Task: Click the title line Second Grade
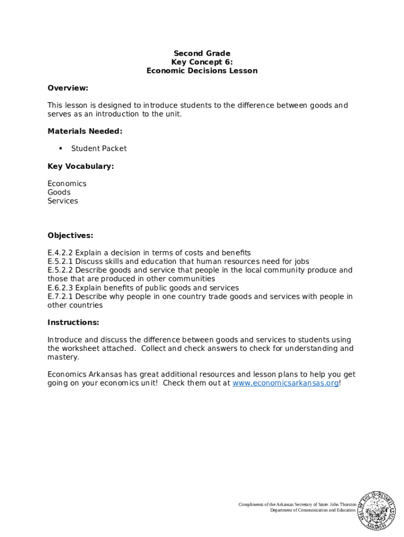coord(202,53)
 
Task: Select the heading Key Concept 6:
coord(202,62)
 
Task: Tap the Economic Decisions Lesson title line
coord(202,71)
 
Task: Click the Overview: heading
coord(68,88)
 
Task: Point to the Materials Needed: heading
coord(84,131)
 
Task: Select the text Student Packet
coord(99,148)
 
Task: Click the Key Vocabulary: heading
coord(80,166)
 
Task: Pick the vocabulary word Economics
coord(67,184)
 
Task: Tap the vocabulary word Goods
coord(59,192)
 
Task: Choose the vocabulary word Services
coord(62,201)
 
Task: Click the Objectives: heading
coord(70,235)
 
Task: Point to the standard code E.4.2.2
coord(60,253)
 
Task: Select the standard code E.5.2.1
coord(60,261)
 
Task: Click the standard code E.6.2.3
coord(60,287)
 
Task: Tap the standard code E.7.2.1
coord(60,296)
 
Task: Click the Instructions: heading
coord(73,322)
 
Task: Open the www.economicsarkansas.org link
coord(285,383)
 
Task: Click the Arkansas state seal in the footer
coord(376,510)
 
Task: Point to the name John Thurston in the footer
coord(343,504)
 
